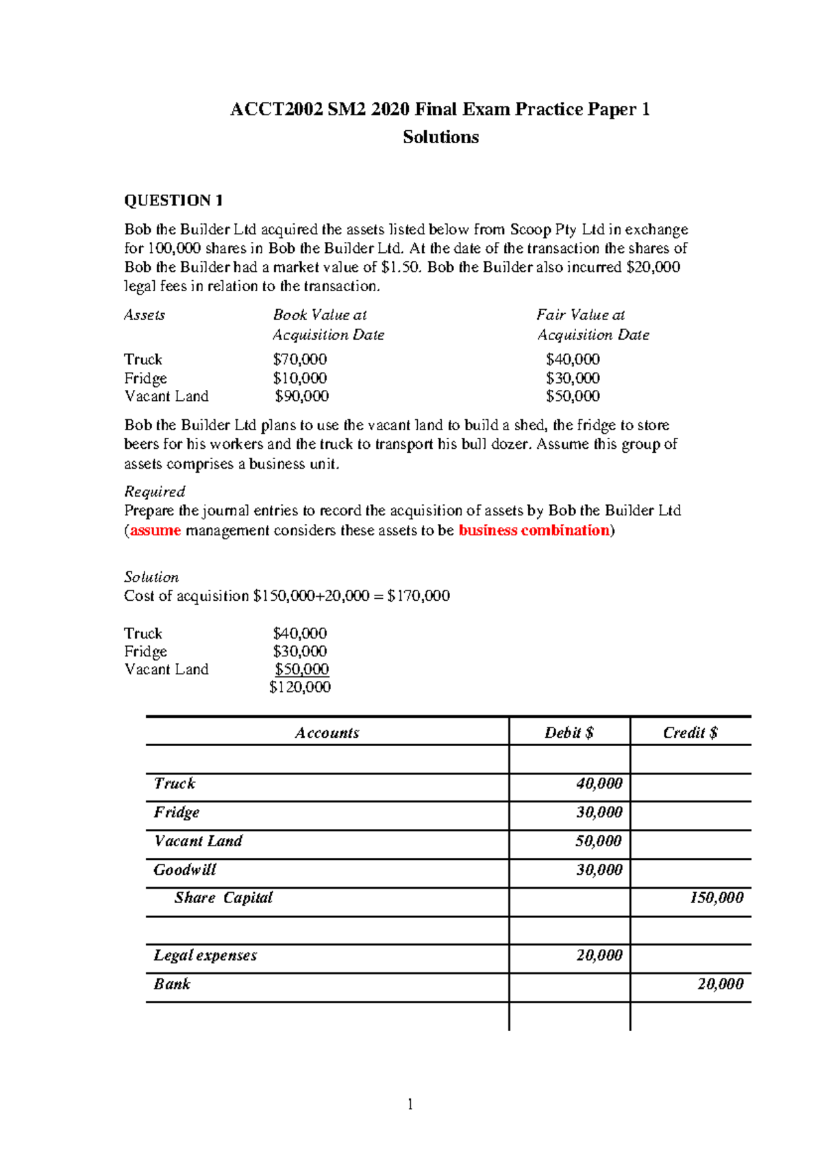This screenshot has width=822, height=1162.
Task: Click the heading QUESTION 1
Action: tap(173, 201)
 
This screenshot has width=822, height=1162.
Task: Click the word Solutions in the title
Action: tap(440, 137)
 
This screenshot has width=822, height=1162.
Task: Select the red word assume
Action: tap(155, 530)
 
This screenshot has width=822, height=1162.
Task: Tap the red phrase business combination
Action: tap(534, 530)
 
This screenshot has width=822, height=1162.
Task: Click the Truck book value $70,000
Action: tap(299, 359)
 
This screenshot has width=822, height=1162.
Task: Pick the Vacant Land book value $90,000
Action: tap(301, 396)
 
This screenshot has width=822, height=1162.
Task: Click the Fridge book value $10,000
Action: tap(299, 378)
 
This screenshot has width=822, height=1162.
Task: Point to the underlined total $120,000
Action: tap(300, 687)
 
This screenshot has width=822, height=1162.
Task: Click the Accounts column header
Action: tap(327, 732)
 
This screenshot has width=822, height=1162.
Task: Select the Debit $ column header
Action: tap(569, 732)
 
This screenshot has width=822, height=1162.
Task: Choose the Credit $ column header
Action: tap(690, 732)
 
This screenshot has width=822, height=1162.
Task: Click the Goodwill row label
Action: tap(185, 870)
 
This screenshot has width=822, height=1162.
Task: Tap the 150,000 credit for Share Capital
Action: tap(716, 898)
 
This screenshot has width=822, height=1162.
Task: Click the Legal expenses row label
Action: tap(205, 955)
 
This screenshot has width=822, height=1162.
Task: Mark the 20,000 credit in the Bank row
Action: tap(720, 984)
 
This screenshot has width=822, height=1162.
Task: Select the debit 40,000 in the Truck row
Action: tap(599, 784)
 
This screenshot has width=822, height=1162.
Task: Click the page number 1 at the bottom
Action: tap(410, 1104)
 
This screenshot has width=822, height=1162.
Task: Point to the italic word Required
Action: tap(155, 491)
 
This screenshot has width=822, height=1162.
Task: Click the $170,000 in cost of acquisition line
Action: tap(419, 596)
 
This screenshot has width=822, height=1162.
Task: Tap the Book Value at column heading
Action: tap(320, 315)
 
